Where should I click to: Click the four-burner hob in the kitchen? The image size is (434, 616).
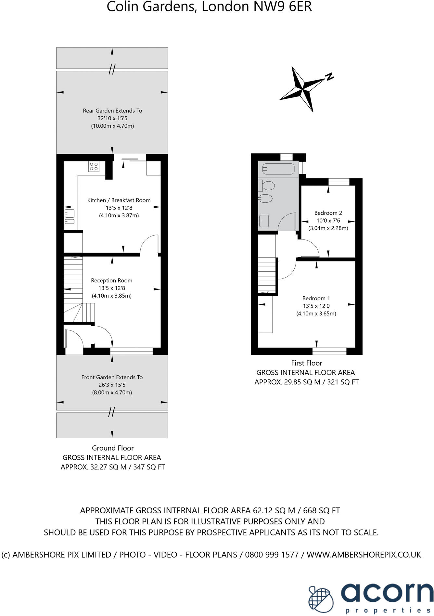coord(94,167)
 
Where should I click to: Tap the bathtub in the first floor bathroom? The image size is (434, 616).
coord(279,169)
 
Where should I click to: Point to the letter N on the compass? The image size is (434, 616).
coord(330,77)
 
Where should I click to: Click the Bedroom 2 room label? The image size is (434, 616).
coord(328,213)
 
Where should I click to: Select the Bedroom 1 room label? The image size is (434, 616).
coord(316,298)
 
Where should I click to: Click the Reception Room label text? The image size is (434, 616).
coord(111,280)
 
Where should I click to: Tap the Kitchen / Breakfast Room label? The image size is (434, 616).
coord(119,200)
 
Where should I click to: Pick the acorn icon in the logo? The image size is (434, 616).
coord(321,599)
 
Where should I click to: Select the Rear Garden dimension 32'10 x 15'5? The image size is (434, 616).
coord(112,118)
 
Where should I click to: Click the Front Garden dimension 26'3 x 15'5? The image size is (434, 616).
coord(112,385)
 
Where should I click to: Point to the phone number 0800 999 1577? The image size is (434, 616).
coord(272,555)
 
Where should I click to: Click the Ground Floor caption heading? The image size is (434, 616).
coord(113,448)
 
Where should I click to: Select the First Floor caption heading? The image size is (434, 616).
coord(307,363)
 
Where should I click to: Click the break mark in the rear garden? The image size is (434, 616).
coord(112,69)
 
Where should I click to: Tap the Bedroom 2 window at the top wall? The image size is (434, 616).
coord(339,182)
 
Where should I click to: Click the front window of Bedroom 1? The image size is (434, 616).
coord(329,351)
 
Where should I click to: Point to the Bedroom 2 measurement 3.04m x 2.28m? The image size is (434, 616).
coord(328,228)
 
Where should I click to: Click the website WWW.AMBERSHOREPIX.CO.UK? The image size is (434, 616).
coord(364,555)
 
